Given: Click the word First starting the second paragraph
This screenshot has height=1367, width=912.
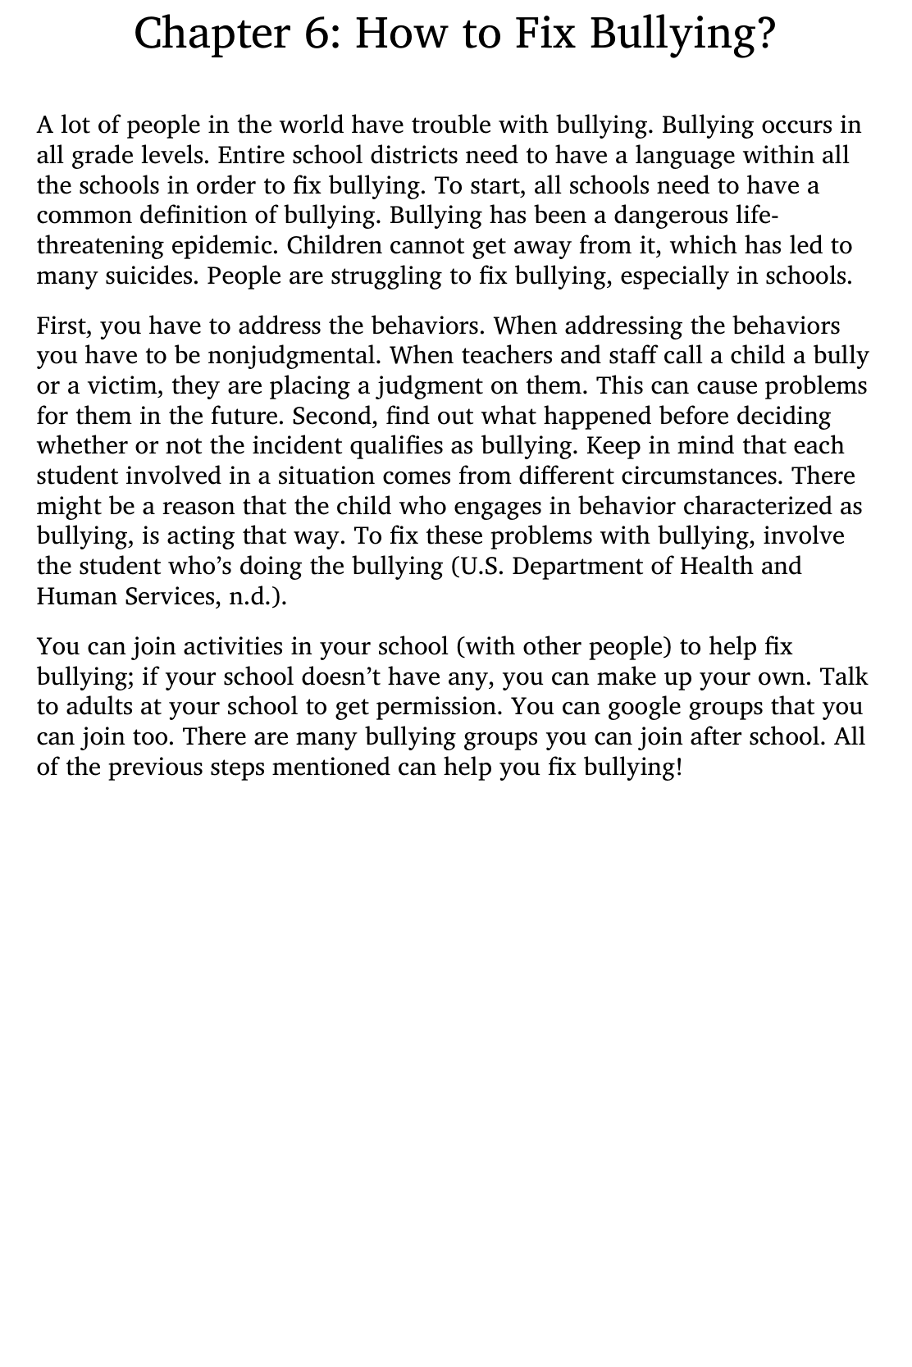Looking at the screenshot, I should (x=65, y=326).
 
